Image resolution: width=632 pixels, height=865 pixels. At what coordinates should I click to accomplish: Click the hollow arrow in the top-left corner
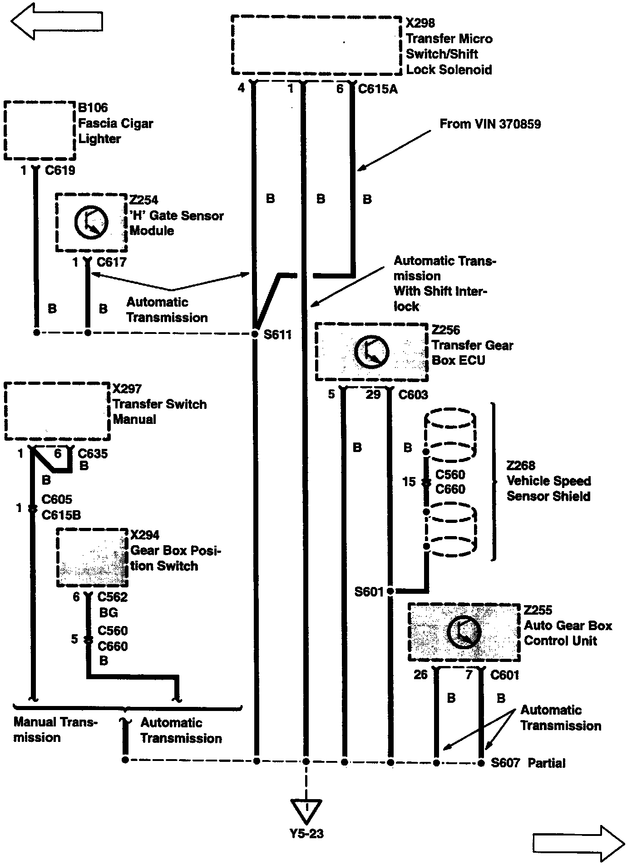pos(57,22)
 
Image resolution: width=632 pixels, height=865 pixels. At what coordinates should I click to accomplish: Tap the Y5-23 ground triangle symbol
pos(306,811)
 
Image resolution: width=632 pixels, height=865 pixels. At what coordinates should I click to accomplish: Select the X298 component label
pos(420,23)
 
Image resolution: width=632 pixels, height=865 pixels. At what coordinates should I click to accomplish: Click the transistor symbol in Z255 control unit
pos(464,632)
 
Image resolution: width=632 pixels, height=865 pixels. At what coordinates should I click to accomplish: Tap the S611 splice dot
pos(255,334)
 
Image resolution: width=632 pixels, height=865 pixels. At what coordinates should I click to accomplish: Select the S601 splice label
pos(369,592)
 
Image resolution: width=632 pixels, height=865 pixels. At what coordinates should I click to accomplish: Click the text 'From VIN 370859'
pos(490,124)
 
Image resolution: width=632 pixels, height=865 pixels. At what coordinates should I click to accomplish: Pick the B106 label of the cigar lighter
pos(93,108)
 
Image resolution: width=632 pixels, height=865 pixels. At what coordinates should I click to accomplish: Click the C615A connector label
pos(378,89)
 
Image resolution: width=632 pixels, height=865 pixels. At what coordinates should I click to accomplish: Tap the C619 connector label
pos(60,171)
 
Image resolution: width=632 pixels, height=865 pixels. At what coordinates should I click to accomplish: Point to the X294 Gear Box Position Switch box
pos(92,557)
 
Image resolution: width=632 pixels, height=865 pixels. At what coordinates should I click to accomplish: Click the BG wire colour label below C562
pos(108,613)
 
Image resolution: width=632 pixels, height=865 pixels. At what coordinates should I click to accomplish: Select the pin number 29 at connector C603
pos(373,394)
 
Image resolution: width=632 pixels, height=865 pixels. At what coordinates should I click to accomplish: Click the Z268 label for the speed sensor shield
pos(521,466)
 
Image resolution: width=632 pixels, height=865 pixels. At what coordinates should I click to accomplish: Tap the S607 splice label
pos(505,763)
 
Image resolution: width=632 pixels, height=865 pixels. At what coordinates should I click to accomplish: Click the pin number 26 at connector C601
pos(420,675)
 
